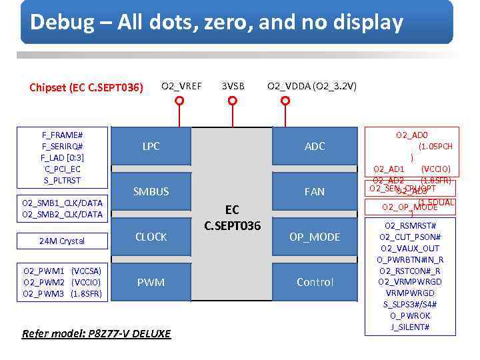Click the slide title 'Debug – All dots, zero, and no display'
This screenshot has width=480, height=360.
coord(217,23)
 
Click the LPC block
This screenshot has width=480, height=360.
coord(151,146)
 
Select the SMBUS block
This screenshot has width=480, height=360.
coord(151,191)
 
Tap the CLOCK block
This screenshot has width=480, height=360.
coord(151,237)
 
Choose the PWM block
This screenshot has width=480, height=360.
coord(151,283)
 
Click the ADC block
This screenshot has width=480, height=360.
coord(315,146)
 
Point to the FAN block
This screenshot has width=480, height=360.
coord(315,191)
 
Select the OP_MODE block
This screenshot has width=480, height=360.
coord(315,237)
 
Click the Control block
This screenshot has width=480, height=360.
coord(315,283)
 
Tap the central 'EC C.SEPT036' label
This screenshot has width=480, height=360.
coord(233,218)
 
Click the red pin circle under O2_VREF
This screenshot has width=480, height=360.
coord(179,101)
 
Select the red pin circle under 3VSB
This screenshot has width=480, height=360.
coord(232,101)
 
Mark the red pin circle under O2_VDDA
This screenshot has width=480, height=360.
coord(285,101)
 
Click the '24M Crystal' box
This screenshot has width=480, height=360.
coord(63,241)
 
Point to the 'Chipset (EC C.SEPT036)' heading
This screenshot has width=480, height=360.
coord(86,87)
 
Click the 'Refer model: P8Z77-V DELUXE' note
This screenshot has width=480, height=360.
coord(96,333)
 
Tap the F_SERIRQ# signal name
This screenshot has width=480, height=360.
coord(63,146)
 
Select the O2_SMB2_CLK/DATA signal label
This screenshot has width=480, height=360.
coord(63,214)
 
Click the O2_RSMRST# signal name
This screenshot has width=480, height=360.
coord(411,225)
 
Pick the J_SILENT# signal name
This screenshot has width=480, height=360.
coord(411,327)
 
